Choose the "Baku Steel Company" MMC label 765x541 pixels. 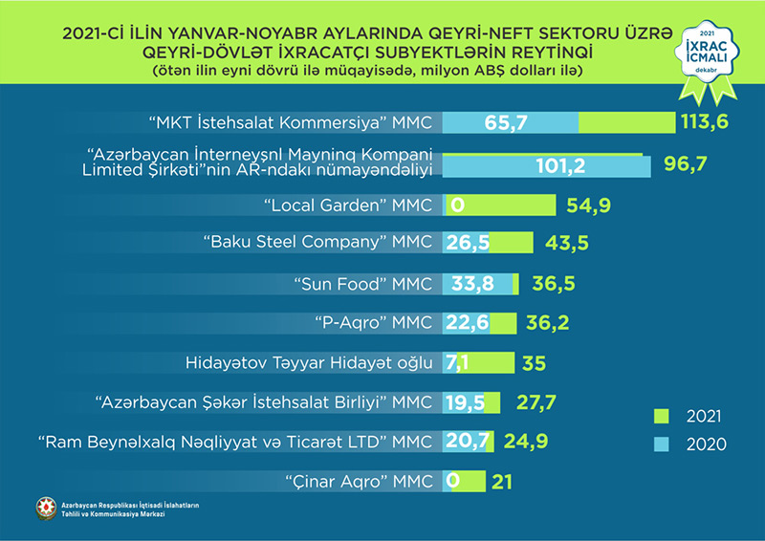[x=319, y=243]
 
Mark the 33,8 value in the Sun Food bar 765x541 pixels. [x=470, y=284]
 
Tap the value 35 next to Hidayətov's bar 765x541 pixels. [x=534, y=363]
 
